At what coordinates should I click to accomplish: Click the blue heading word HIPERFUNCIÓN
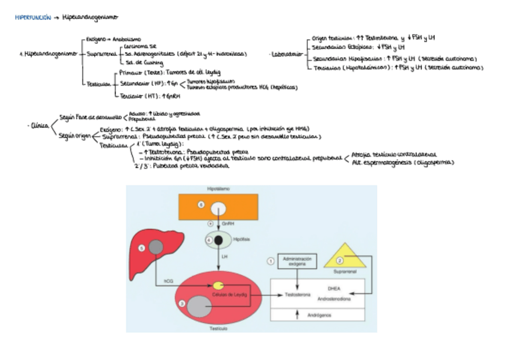[33, 19]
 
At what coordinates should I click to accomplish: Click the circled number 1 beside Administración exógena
[271, 261]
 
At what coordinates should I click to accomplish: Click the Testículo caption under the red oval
[218, 328]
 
